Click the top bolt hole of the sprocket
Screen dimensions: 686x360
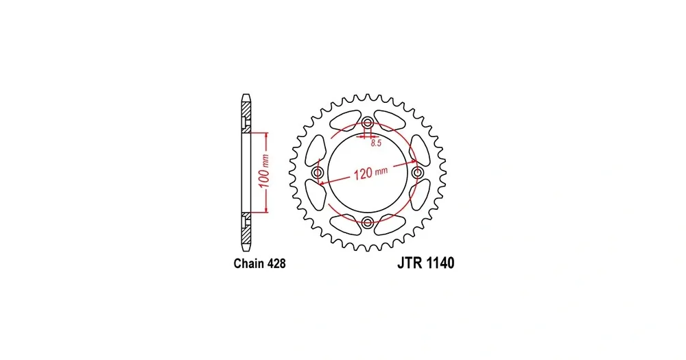click(368, 122)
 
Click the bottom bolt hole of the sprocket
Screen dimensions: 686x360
click(368, 223)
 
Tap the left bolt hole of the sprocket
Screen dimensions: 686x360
click(318, 172)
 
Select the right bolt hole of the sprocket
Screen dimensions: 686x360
click(418, 172)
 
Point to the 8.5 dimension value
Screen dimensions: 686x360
click(376, 143)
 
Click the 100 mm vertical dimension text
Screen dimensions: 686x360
click(264, 171)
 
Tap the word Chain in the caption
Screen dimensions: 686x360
click(249, 263)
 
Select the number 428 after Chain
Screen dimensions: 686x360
click(276, 263)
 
